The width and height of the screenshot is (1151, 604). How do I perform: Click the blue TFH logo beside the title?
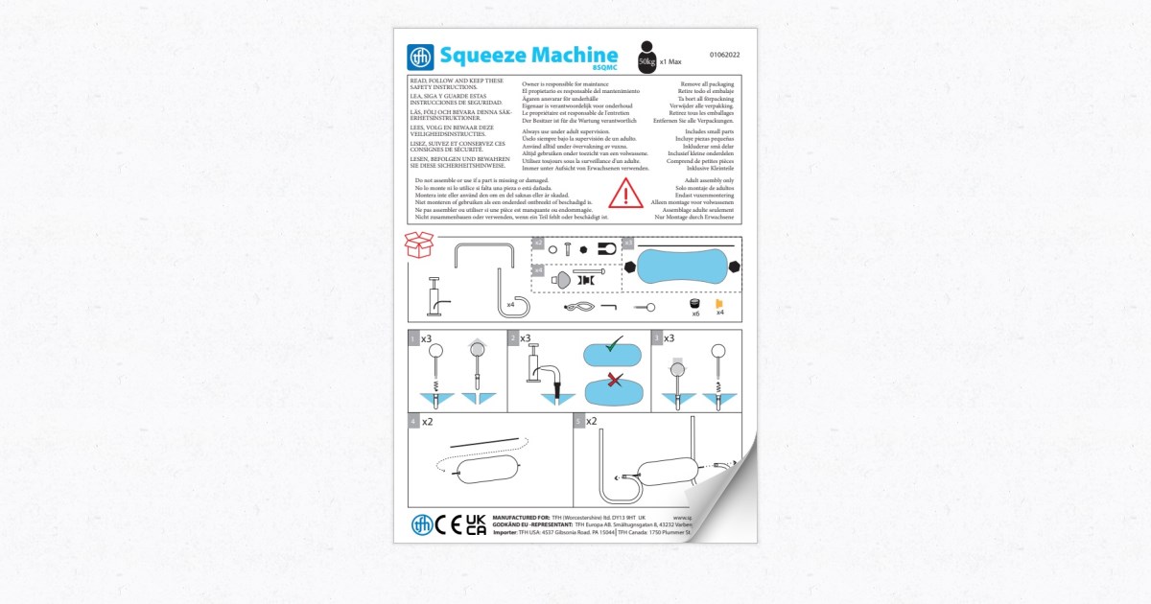pos(421,57)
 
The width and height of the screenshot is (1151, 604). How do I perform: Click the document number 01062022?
pos(724,56)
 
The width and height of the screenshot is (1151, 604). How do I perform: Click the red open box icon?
pos(418,245)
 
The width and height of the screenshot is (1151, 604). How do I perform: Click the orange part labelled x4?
pos(718,304)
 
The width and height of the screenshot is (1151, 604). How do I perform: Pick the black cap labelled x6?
pos(695,304)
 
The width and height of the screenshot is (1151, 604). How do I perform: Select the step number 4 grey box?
pos(412,421)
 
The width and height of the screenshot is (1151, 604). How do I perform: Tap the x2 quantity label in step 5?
pos(591,421)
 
